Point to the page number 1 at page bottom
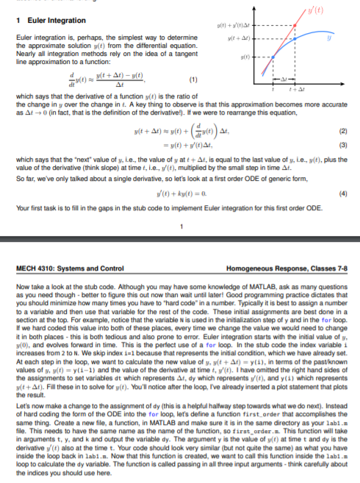click(x=180, y=235)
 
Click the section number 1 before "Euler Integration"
click(x=17, y=19)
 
